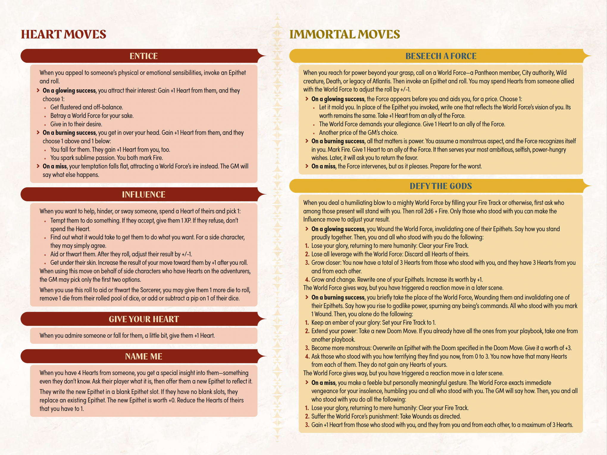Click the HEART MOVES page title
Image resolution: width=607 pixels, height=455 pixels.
tap(63, 34)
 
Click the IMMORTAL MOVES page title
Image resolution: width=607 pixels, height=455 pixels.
tap(345, 34)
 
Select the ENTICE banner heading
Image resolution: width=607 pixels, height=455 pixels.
tap(143, 56)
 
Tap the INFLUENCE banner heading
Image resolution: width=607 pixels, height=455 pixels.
tap(143, 194)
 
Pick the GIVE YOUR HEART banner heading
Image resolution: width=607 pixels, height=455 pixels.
tap(143, 319)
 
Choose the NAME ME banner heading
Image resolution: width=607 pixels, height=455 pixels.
tap(143, 356)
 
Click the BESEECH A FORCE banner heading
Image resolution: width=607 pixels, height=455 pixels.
tap(441, 56)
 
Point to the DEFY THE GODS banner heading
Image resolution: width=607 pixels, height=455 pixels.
tap(441, 186)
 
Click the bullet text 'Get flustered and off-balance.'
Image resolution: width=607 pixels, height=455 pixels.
tap(87, 107)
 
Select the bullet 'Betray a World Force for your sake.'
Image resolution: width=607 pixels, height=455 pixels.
tap(92, 116)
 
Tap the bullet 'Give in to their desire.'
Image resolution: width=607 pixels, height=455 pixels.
tap(76, 124)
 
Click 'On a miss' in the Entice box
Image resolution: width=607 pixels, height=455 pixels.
tap(54, 166)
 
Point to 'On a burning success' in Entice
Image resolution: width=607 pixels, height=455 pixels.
tap(69, 133)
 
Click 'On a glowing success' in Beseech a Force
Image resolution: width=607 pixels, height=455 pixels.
tap(338, 99)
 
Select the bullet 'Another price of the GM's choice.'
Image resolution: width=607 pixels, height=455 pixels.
tap(358, 133)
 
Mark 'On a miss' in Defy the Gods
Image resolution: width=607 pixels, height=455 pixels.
tap(323, 383)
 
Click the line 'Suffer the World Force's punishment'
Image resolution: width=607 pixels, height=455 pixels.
tap(386, 416)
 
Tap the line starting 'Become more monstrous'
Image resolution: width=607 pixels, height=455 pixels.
tap(441, 348)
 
